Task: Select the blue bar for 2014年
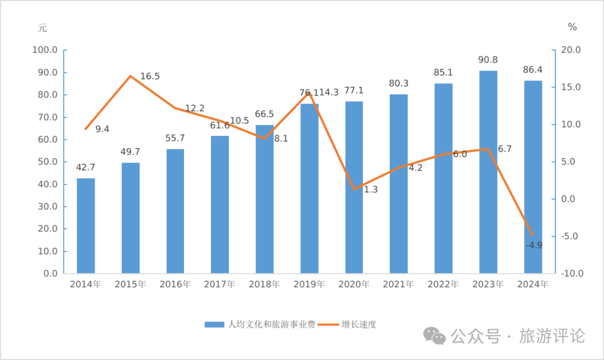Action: (86, 226)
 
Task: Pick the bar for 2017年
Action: (220, 205)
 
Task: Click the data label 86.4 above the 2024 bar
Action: (532, 70)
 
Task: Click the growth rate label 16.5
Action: (150, 77)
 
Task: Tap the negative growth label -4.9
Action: (534, 245)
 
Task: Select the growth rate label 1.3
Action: (370, 190)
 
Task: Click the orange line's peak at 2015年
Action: (130, 76)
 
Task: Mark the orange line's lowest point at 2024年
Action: (533, 235)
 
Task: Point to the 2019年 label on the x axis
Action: (309, 285)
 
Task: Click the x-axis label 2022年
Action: (443, 285)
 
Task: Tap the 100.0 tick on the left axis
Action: (45, 50)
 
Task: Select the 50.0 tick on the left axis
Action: (45, 162)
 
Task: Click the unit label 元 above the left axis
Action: (43, 27)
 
